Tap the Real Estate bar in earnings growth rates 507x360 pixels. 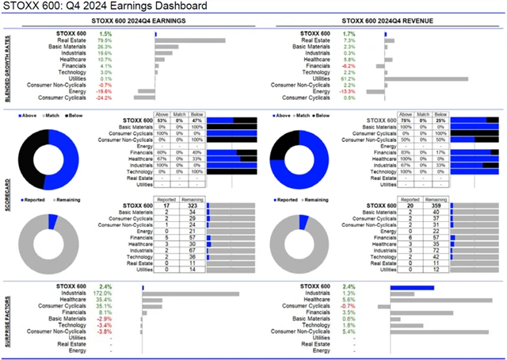click(189, 40)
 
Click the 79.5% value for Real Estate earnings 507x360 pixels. click(105, 40)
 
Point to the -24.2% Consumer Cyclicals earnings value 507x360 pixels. click(104, 98)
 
